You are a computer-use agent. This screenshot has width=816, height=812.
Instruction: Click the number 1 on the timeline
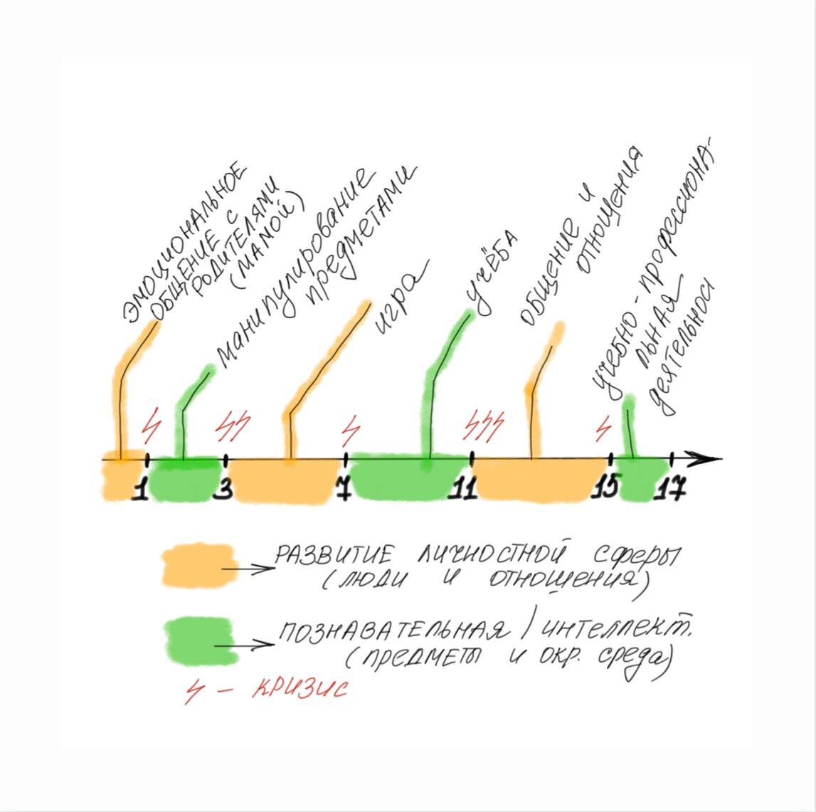[x=141, y=490]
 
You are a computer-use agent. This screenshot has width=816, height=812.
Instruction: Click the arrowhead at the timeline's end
[x=710, y=458]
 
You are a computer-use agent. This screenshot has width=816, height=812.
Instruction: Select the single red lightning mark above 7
[x=349, y=428]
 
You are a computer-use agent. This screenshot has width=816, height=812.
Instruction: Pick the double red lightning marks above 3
[x=233, y=426]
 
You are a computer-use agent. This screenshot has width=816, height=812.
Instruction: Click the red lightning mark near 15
[x=604, y=428]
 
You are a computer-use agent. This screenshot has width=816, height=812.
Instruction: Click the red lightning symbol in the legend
[x=194, y=691]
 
